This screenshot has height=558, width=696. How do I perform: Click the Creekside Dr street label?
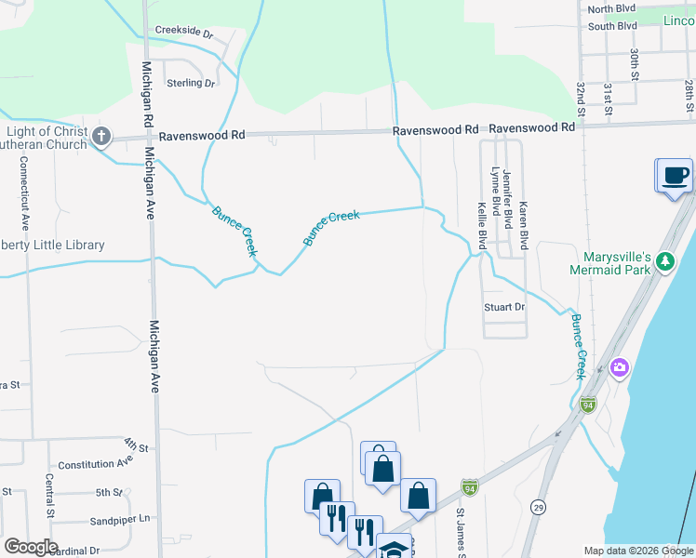point(184,32)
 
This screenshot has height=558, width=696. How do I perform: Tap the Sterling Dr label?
point(190,83)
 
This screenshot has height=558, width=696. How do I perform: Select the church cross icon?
point(101,138)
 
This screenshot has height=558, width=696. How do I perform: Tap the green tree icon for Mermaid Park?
point(664,261)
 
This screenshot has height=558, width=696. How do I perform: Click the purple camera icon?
point(619,368)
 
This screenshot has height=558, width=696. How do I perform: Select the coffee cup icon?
point(676,174)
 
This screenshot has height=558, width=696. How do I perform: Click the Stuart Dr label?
point(504,307)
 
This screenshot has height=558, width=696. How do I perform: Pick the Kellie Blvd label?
point(482,225)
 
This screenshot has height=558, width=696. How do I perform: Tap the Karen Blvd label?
point(524,225)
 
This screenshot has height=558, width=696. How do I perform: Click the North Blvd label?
point(611,8)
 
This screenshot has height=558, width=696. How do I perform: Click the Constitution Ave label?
point(96,462)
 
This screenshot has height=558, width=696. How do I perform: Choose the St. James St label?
point(460,534)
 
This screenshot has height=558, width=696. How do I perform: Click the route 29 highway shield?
point(538,505)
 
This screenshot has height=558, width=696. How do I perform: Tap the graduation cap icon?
point(394,549)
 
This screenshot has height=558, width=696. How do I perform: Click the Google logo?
point(31,547)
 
